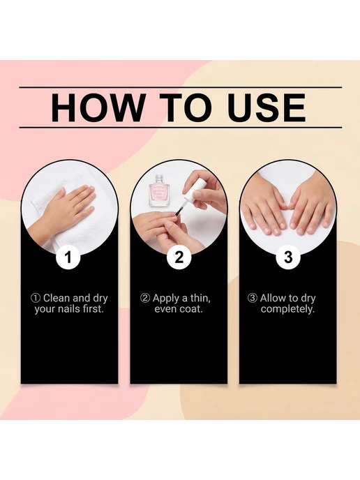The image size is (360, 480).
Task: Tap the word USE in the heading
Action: click(x=267, y=107)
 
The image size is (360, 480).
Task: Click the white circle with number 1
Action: click(x=68, y=257)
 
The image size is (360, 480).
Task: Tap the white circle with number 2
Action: click(x=179, y=257)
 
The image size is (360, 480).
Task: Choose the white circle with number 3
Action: click(x=288, y=257)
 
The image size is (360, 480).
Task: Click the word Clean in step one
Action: click(x=57, y=298)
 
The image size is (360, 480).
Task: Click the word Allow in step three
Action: click(x=273, y=298)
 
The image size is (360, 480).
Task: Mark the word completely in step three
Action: click(x=287, y=309)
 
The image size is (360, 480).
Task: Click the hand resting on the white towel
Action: click(x=61, y=215)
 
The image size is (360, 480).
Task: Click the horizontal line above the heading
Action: click(x=181, y=87)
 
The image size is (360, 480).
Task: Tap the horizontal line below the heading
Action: click(x=181, y=128)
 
